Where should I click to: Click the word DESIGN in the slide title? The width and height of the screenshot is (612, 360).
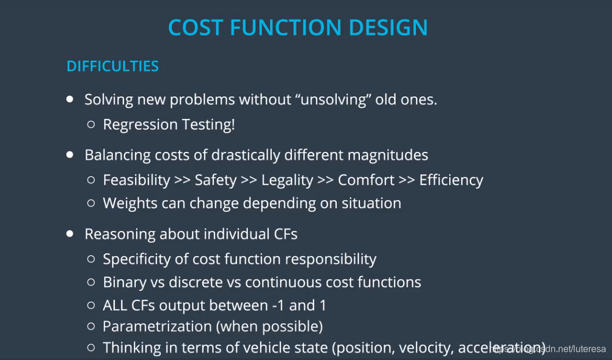pos(388,27)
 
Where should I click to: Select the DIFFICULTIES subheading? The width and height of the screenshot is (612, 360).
pos(112,66)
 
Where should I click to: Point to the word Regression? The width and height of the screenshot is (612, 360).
pos(140,125)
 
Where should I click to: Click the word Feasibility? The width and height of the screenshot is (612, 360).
pos(137,180)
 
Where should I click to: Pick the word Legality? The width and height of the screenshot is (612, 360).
pos(287,180)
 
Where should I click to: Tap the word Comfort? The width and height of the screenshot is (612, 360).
pos(366,180)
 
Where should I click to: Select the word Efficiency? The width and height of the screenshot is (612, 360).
pos(451,180)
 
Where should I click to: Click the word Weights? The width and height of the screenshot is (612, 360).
pos(130,203)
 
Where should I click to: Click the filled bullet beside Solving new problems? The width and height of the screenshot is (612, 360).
pos(70,99)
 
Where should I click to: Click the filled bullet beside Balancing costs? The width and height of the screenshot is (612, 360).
pos(70,155)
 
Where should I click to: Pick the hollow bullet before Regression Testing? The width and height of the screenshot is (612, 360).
pos(91,125)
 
